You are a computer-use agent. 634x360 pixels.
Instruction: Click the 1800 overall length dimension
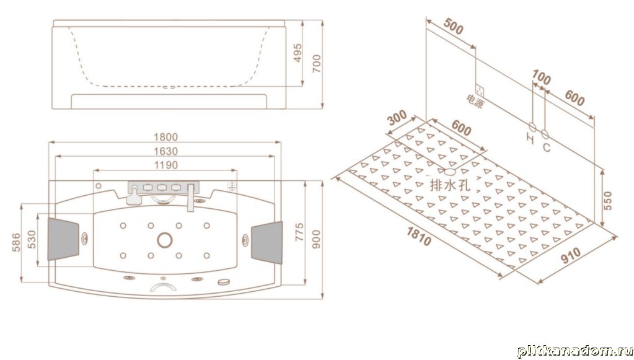pos(165,138)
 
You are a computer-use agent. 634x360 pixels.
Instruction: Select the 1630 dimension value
pos(165,151)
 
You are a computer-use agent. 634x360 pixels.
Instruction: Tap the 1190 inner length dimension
pos(165,165)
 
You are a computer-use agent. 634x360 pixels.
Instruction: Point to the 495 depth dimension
pos(297,53)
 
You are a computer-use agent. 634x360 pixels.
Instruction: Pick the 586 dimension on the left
pos(15,242)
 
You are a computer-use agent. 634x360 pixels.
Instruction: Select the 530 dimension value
pos(32,240)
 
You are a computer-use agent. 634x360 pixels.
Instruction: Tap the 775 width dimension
pos(299,232)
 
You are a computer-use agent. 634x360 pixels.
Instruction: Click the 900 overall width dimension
pos(317,239)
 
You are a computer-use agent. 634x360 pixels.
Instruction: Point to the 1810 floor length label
pos(419,236)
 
